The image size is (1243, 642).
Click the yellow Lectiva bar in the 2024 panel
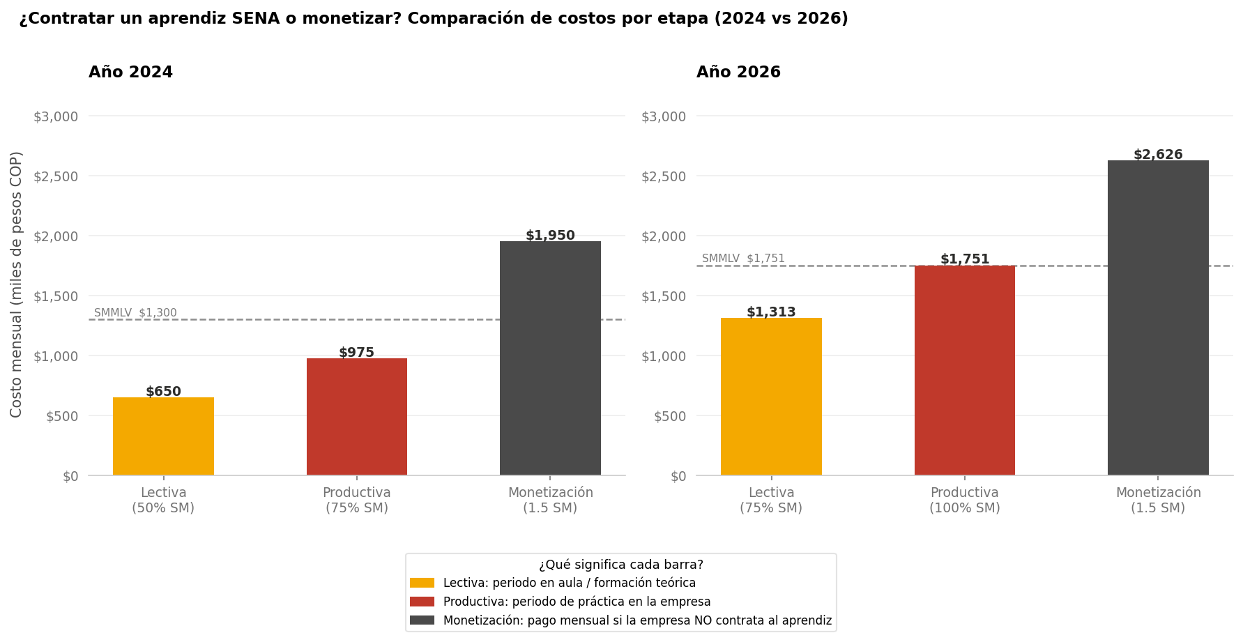163,436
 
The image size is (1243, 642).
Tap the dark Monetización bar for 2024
550,358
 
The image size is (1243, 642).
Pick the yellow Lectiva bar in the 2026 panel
771,397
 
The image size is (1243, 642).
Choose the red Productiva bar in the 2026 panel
964,370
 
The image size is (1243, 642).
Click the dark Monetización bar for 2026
1158,318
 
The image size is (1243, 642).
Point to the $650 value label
163,392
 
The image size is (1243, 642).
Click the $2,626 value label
1158,155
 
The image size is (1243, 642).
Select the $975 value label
356,353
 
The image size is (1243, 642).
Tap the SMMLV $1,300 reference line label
135,313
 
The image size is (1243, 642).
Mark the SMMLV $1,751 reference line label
743,259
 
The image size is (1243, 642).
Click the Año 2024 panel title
130,72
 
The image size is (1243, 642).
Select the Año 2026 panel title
738,72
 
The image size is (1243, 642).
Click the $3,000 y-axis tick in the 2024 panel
56,116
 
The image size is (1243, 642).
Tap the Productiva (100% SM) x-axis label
964,500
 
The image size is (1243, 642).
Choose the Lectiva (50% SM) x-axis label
163,500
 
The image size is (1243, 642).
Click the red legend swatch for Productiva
422,602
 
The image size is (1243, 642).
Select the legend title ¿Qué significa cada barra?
620,565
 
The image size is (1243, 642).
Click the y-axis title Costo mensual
17,284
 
